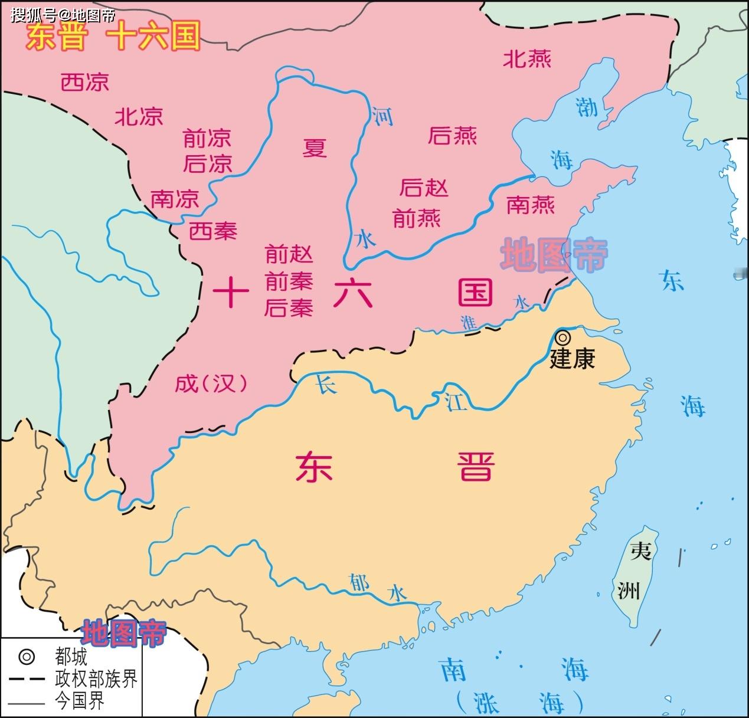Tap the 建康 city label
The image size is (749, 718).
[572, 358]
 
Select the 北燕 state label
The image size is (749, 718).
[527, 59]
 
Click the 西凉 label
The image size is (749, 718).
[85, 82]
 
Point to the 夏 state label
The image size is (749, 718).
[315, 147]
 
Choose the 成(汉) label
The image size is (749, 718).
[211, 384]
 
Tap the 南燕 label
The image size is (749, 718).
[531, 205]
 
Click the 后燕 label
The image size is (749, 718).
[452, 136]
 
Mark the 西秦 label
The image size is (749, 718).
[212, 231]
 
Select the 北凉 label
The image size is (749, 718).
[139, 116]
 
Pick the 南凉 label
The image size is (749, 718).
[175, 199]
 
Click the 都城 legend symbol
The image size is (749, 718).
[27, 657]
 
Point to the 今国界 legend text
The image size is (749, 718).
[80, 701]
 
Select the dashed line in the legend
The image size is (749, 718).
[27, 679]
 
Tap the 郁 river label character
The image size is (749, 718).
[359, 582]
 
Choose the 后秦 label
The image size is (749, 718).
[289, 307]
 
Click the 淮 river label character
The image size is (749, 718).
[469, 322]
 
